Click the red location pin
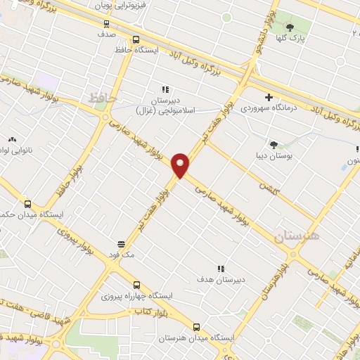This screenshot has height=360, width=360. tap(181, 165)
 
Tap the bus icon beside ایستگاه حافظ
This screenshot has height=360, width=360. tap(136, 40)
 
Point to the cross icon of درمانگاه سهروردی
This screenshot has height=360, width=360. tap(269, 97)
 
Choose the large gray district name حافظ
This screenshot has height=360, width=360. tap(101, 98)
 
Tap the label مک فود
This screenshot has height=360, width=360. tap(120, 255)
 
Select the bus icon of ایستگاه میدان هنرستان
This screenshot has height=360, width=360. tap(196, 327)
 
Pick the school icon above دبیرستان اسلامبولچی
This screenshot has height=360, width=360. tap(166, 89)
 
